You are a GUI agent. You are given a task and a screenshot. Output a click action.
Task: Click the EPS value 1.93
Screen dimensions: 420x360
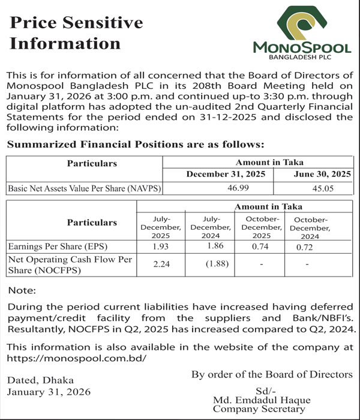pos(160,246)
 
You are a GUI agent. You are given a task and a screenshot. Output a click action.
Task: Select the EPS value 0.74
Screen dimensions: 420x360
pos(260,246)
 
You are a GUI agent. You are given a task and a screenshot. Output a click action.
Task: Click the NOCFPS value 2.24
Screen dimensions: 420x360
pos(160,265)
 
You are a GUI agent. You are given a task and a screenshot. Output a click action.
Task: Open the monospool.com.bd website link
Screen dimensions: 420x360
pos(76,358)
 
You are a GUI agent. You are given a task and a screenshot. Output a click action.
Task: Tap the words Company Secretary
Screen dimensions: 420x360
pos(259,409)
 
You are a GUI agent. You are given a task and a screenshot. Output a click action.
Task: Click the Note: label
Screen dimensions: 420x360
pos(22,290)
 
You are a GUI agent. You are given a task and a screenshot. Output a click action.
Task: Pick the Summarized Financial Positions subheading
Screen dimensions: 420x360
pos(134,145)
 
